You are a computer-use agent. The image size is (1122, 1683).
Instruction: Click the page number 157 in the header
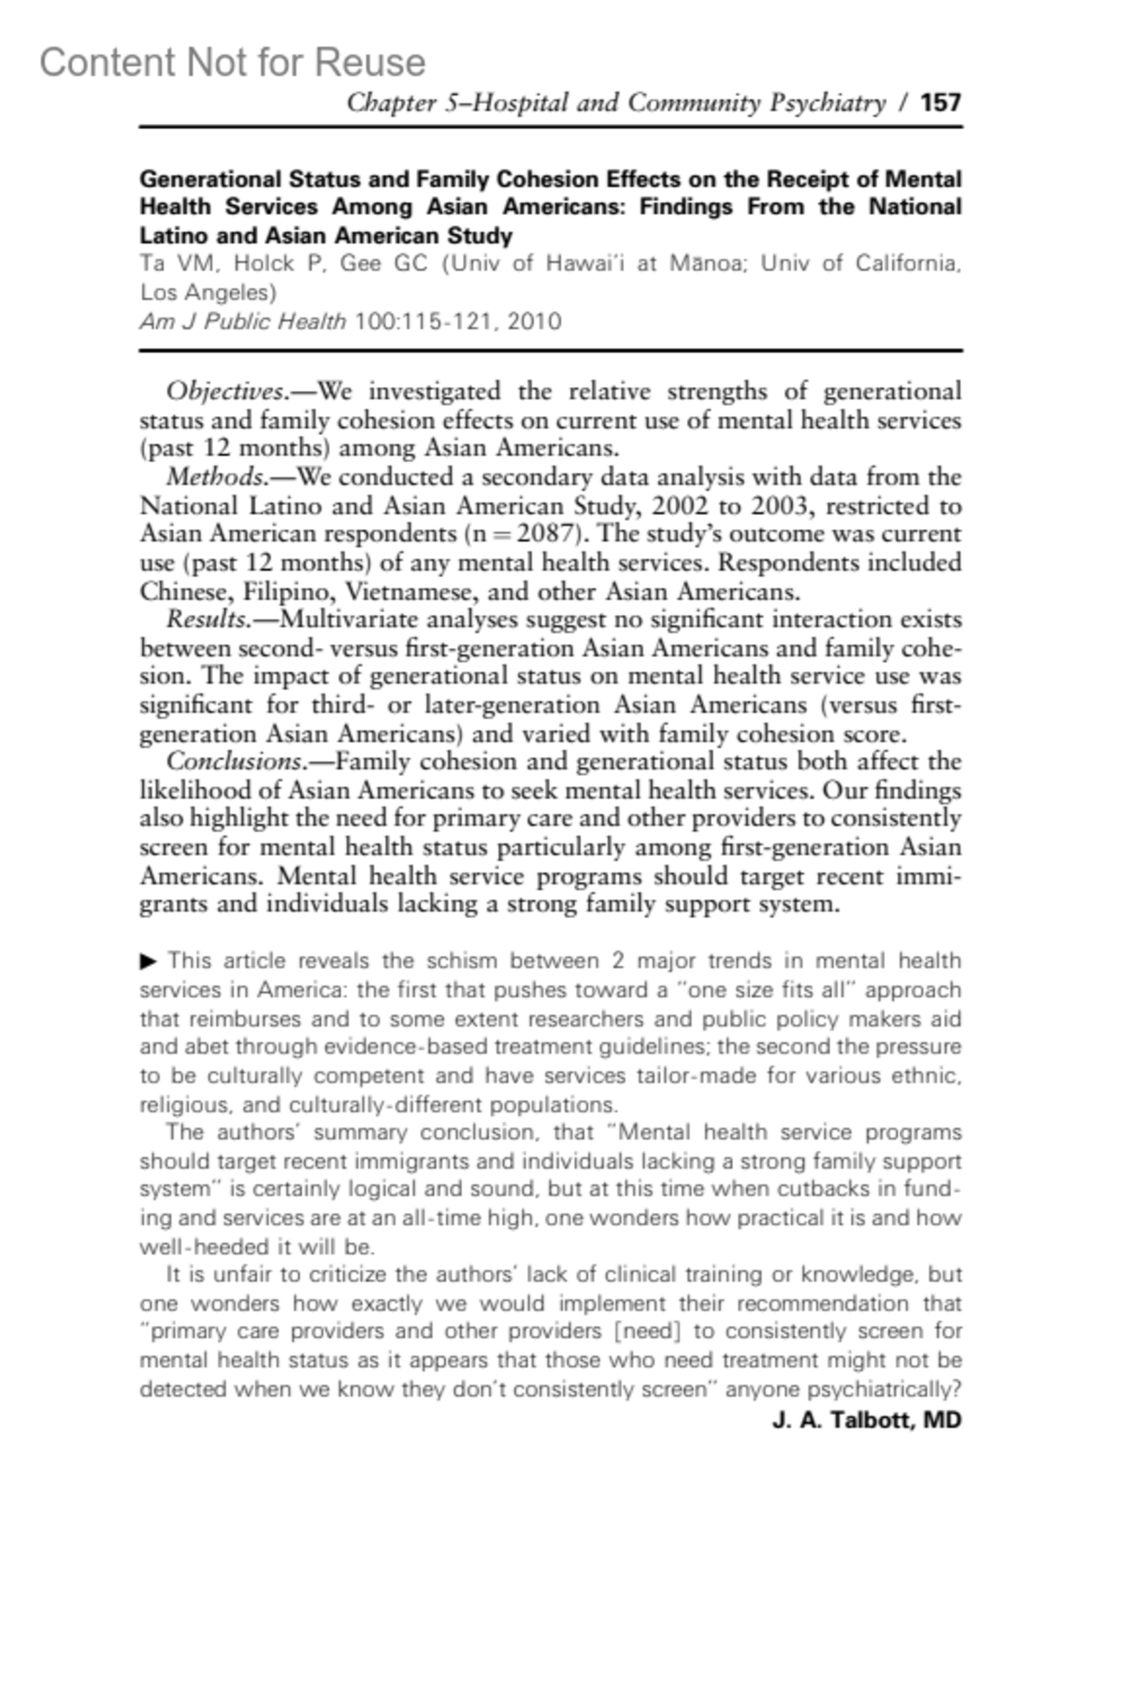click(941, 102)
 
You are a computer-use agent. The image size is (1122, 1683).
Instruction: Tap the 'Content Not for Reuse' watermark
click(232, 63)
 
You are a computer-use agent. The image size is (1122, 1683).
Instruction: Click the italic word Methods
click(216, 477)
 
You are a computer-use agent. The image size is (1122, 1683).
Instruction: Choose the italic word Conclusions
click(234, 762)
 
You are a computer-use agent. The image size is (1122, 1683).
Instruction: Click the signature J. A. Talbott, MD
click(867, 1420)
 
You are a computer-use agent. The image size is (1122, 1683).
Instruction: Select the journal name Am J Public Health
click(243, 322)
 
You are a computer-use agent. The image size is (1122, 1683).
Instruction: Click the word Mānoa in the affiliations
click(707, 264)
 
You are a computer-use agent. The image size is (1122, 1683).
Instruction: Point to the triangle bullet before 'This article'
click(149, 960)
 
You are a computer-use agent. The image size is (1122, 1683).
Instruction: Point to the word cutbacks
click(847, 1189)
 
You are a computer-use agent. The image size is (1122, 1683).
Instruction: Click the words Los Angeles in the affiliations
click(208, 293)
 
